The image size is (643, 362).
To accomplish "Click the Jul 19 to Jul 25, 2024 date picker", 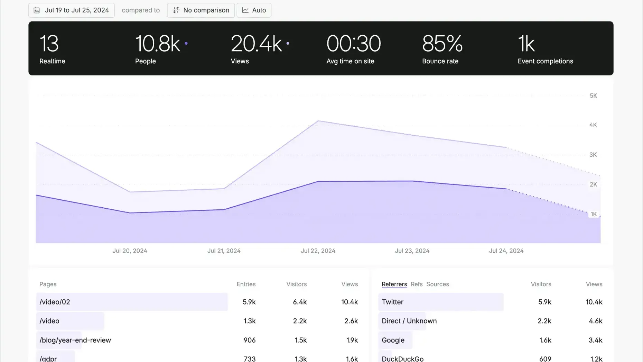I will pyautogui.click(x=72, y=10).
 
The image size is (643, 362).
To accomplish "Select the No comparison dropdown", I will pyautogui.click(x=201, y=10).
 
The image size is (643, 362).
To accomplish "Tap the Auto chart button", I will pyautogui.click(x=254, y=10).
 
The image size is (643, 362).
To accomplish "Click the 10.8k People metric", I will pyautogui.click(x=158, y=44).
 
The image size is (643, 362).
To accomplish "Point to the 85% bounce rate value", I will pyautogui.click(x=442, y=44).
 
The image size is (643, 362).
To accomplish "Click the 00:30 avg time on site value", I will pyautogui.click(x=353, y=44).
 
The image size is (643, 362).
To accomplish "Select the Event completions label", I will pyautogui.click(x=545, y=61).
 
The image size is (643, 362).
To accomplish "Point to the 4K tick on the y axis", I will pyautogui.click(x=593, y=125).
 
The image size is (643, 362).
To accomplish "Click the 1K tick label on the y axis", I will pyautogui.click(x=594, y=214).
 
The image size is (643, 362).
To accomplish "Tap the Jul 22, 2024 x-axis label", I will pyautogui.click(x=318, y=251).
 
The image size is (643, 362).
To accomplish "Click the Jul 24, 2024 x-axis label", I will pyautogui.click(x=506, y=251).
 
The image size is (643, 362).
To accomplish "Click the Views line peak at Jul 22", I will pyautogui.click(x=318, y=121).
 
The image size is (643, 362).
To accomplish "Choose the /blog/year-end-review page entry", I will pyautogui.click(x=75, y=340).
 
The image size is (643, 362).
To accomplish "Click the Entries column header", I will pyautogui.click(x=246, y=284).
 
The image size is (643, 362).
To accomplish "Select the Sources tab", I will pyautogui.click(x=438, y=284).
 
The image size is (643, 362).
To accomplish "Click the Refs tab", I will pyautogui.click(x=417, y=284).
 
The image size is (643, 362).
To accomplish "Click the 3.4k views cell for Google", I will pyautogui.click(x=595, y=340).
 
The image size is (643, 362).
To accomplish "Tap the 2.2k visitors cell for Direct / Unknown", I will pyautogui.click(x=544, y=321).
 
